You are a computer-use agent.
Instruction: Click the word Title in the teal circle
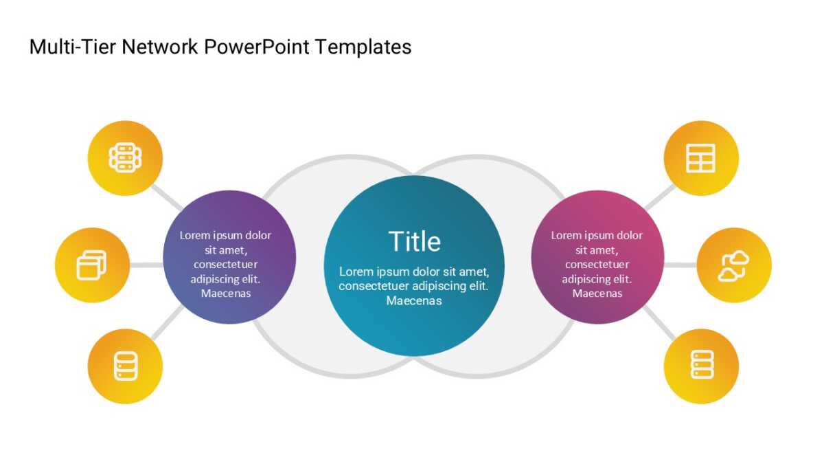pyautogui.click(x=414, y=241)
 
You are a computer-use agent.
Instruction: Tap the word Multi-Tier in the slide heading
pyautogui.click(x=73, y=47)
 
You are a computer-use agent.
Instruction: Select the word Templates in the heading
pyautogui.click(x=363, y=47)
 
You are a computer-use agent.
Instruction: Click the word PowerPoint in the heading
pyautogui.click(x=256, y=47)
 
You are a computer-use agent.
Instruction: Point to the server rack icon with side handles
pyautogui.click(x=125, y=157)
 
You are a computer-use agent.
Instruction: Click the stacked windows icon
pyautogui.click(x=91, y=265)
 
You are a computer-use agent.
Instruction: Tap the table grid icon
pyautogui.click(x=701, y=158)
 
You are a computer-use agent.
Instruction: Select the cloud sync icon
pyautogui.click(x=733, y=266)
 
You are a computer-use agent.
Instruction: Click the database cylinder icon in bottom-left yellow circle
pyautogui.click(x=126, y=366)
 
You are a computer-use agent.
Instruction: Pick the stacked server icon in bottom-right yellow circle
pyautogui.click(x=702, y=364)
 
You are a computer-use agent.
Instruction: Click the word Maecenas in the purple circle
pyautogui.click(x=226, y=294)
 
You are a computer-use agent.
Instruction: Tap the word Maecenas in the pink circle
pyautogui.click(x=597, y=294)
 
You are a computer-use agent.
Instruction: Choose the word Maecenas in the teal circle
pyautogui.click(x=414, y=301)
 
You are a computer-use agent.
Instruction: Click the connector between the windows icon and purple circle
pyautogui.click(x=146, y=265)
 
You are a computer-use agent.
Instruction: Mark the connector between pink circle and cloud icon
pyautogui.click(x=680, y=265)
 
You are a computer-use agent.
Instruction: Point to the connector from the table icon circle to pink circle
pyautogui.click(x=660, y=197)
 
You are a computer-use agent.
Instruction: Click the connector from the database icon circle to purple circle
pyautogui.click(x=168, y=322)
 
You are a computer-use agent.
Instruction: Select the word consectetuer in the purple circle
pyautogui.click(x=225, y=265)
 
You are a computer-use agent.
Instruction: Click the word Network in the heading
pyautogui.click(x=159, y=47)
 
